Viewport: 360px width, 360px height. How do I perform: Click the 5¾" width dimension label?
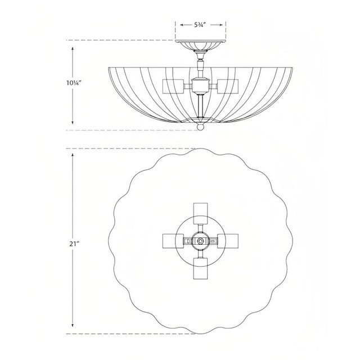[x=199, y=25]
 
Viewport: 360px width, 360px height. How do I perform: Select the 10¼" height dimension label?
[x=73, y=83]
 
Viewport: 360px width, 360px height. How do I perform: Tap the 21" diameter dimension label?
[x=73, y=244]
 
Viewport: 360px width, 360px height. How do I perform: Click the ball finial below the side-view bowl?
[x=200, y=127]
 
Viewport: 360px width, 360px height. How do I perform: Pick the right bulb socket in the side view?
[x=228, y=87]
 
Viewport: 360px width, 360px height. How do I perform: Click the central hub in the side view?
[x=201, y=85]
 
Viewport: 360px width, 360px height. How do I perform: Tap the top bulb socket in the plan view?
[x=200, y=213]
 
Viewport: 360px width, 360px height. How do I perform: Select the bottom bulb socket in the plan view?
[x=200, y=268]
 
